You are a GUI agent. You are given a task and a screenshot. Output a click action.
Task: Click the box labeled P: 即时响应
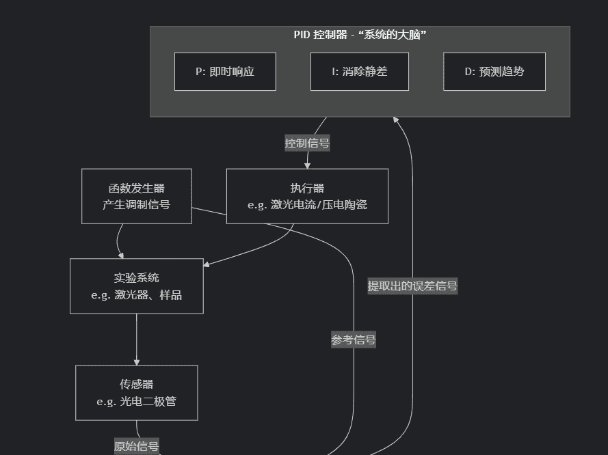[225, 71]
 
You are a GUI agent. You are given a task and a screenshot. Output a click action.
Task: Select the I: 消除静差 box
[360, 71]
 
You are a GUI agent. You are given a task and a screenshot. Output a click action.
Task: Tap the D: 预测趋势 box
[494, 71]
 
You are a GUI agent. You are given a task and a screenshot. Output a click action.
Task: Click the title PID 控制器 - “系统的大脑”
[360, 35]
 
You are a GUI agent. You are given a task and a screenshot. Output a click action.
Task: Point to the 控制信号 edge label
[307, 143]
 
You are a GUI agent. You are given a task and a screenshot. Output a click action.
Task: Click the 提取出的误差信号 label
[412, 286]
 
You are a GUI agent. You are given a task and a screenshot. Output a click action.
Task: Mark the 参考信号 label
[354, 340]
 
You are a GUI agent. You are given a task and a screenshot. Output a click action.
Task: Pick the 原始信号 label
[136, 447]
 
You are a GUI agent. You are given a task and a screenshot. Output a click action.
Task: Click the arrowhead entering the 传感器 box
[137, 362]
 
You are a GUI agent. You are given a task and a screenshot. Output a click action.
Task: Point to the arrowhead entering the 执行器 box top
[307, 165]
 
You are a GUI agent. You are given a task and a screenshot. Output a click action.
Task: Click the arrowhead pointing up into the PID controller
[396, 120]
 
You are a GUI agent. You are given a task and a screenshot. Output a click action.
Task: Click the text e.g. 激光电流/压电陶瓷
[307, 205]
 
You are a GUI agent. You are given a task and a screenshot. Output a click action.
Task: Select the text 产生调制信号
[136, 205]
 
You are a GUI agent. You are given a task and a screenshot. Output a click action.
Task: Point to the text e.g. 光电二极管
[136, 402]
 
